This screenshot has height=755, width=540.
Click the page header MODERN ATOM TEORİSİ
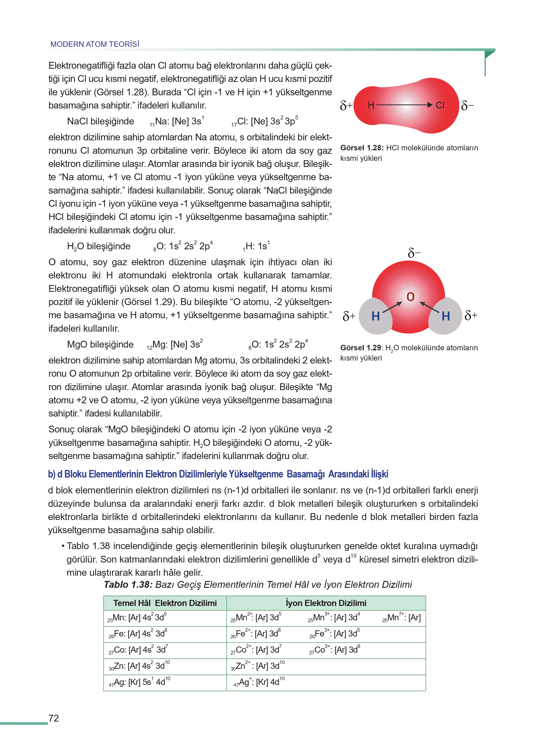(95, 44)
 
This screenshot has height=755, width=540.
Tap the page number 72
(53, 718)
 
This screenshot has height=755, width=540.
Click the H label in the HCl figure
(371, 105)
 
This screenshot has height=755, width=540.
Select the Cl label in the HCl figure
(440, 105)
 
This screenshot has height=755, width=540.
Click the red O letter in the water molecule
(410, 297)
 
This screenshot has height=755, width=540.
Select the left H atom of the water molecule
(375, 316)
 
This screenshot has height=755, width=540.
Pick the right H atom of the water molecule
(446, 316)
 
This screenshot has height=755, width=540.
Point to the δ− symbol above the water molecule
(414, 253)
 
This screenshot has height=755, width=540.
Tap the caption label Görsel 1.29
(361, 348)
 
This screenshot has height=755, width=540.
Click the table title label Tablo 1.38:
(128, 585)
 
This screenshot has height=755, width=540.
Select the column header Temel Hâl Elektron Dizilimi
(165, 603)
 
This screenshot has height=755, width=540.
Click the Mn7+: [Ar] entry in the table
(401, 618)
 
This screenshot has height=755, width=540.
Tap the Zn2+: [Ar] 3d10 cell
(258, 666)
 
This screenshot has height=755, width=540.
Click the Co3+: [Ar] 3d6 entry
(334, 650)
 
